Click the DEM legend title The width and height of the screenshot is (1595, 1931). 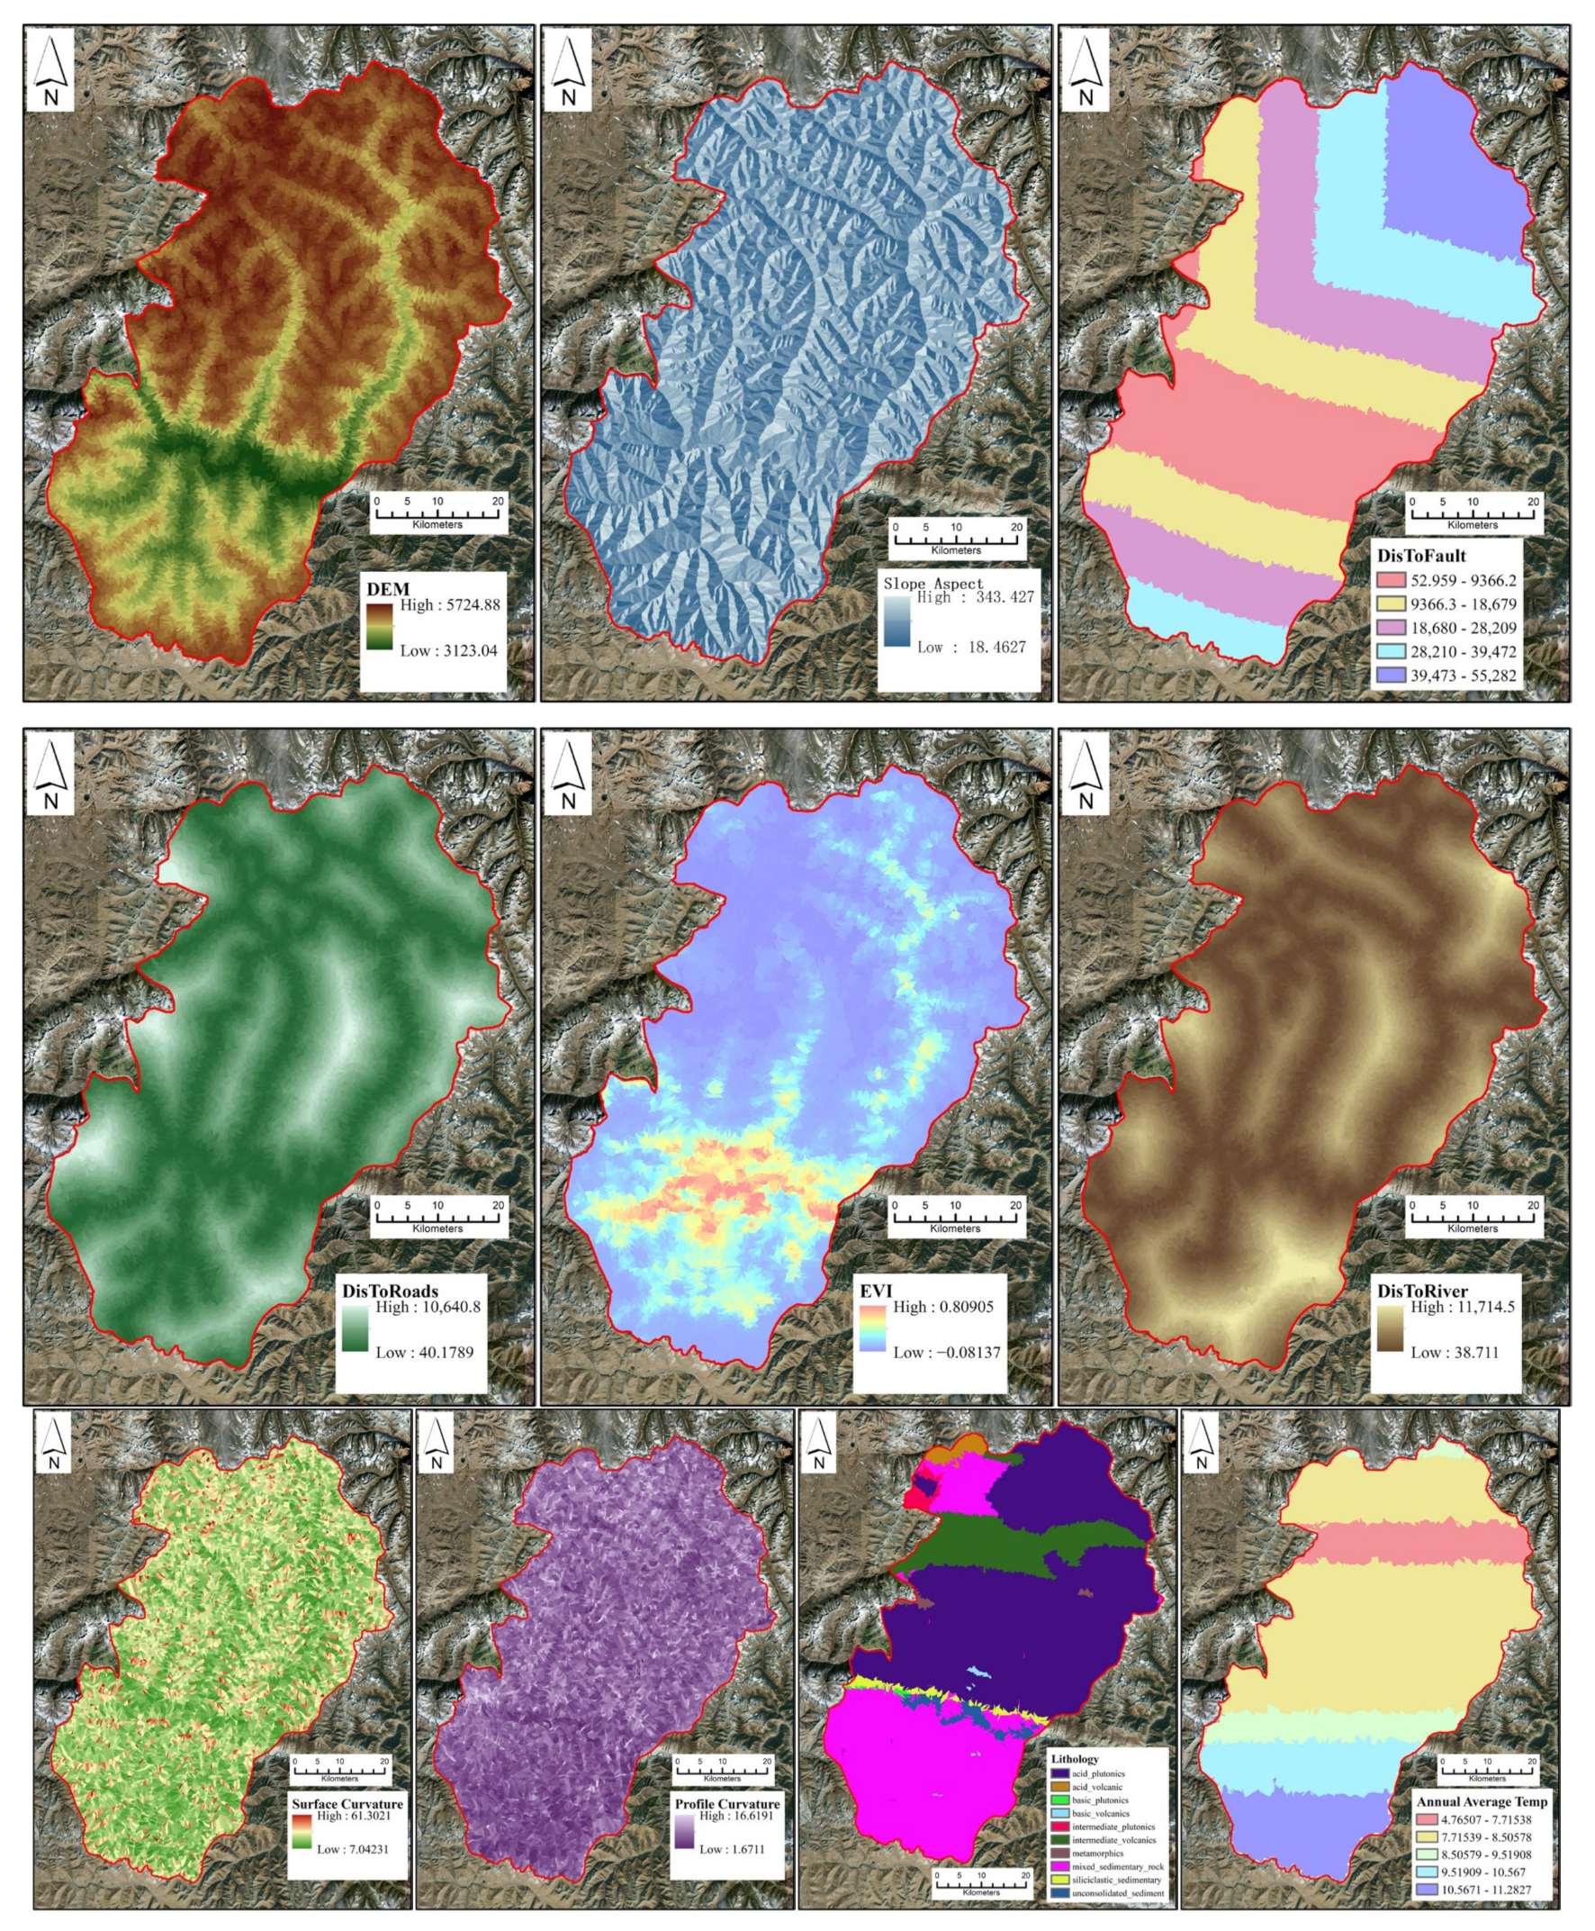click(388, 589)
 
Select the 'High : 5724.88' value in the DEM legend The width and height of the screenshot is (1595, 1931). click(449, 605)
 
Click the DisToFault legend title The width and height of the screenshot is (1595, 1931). click(1420, 556)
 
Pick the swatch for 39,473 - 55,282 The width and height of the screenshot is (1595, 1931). click(1391, 675)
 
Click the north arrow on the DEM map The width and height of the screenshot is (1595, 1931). click(50, 70)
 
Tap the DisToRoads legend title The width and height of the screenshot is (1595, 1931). click(390, 1292)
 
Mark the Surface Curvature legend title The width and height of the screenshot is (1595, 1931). click(347, 1804)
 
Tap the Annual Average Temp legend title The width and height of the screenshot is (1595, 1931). click(1481, 1801)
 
